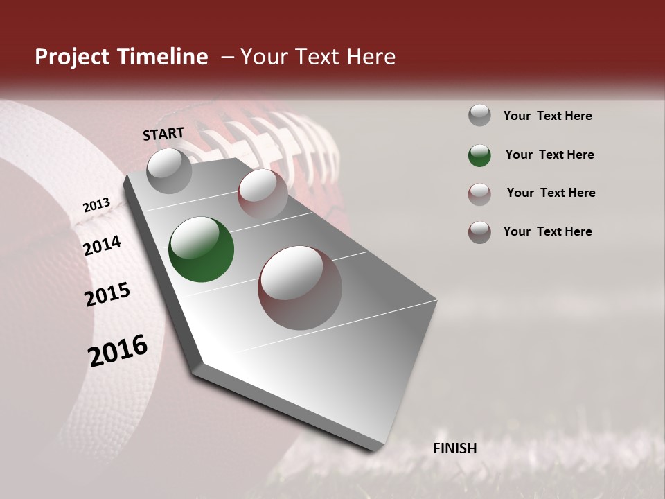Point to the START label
[x=163, y=133]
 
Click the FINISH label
[x=455, y=448]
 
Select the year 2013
[x=96, y=205]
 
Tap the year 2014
[x=102, y=245]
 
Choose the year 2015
[x=107, y=295]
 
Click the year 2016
[x=118, y=350]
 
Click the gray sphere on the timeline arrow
[x=170, y=170]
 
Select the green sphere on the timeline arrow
[x=202, y=249]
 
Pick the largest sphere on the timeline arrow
[x=300, y=288]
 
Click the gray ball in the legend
[x=479, y=116]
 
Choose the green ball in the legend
[x=479, y=155]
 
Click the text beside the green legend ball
[x=549, y=155]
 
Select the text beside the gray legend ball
[x=547, y=116]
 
